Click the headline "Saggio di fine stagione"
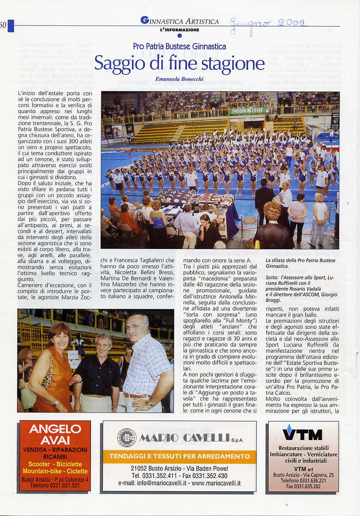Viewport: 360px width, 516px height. click(x=179, y=63)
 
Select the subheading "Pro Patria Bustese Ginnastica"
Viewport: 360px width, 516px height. click(x=179, y=47)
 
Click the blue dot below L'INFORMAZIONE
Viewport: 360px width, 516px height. click(x=179, y=35)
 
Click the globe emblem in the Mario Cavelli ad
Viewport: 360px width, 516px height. click(x=126, y=437)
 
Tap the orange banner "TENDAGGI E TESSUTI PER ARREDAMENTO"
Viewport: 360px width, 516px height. click(x=179, y=456)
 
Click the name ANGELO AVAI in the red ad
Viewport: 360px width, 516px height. click(x=55, y=434)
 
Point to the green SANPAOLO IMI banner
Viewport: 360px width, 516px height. click(x=247, y=111)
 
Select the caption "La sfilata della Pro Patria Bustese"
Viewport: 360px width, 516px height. click(x=300, y=260)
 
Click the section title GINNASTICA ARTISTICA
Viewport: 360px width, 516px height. click(x=180, y=21)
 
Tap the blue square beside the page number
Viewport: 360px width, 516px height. click(x=11, y=26)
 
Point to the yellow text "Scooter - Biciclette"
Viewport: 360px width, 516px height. click(x=55, y=464)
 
